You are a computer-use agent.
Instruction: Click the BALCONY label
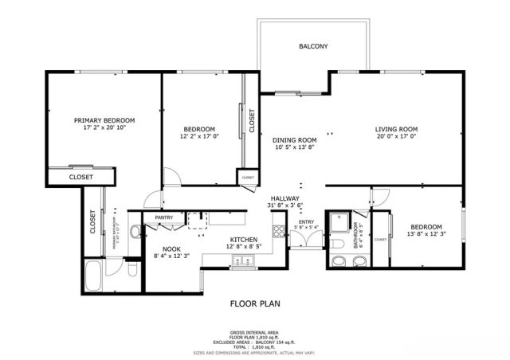point(313,46)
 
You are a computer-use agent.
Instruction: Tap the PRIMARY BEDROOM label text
point(109,119)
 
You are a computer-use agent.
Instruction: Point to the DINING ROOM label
point(284,139)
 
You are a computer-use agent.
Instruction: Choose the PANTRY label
point(164,217)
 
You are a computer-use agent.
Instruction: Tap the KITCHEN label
point(243,239)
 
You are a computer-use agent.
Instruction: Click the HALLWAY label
point(284,198)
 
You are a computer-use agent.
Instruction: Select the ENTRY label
point(307,221)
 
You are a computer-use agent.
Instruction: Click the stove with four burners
point(279,232)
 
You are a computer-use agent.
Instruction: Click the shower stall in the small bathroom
point(341,221)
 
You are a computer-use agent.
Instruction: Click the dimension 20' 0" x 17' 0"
point(397,137)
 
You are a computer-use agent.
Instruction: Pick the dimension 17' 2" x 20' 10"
point(109,127)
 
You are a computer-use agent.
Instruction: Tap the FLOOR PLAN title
point(253,303)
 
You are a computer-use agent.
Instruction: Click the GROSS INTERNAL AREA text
point(253,331)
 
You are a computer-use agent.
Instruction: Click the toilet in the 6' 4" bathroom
point(339,244)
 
